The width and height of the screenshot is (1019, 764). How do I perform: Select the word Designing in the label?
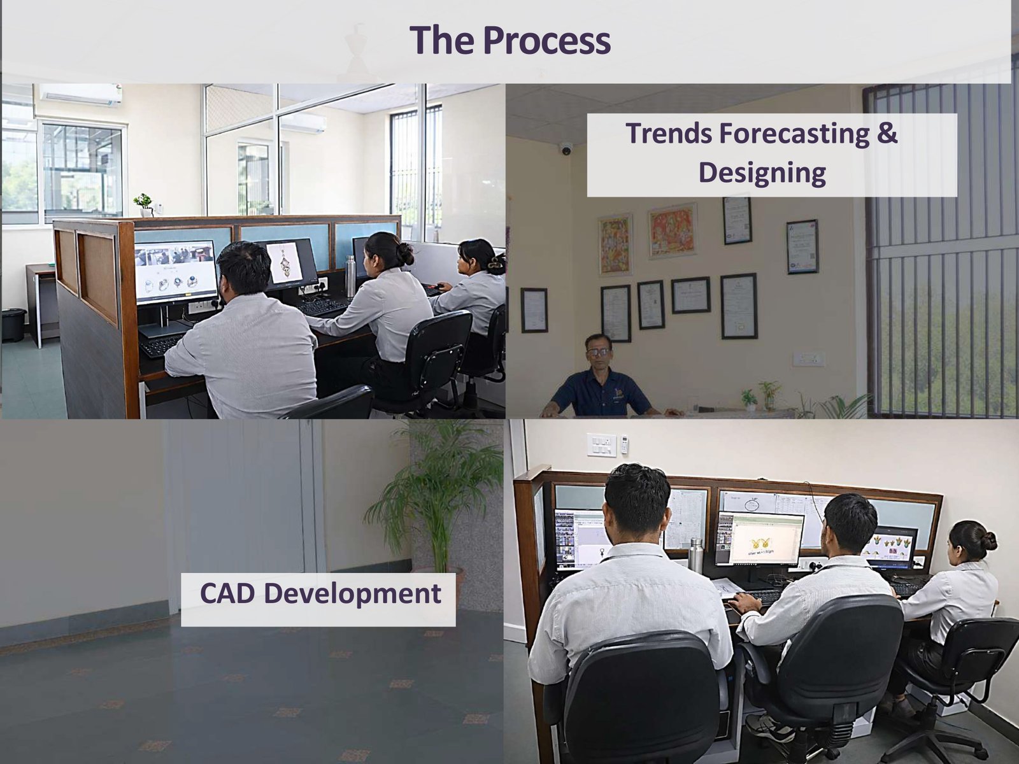tap(762, 173)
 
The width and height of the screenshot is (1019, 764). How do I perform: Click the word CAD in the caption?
tap(227, 594)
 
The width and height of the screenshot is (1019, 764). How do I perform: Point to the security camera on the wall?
tap(566, 150)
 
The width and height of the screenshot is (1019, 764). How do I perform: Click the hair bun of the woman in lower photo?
tap(989, 541)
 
